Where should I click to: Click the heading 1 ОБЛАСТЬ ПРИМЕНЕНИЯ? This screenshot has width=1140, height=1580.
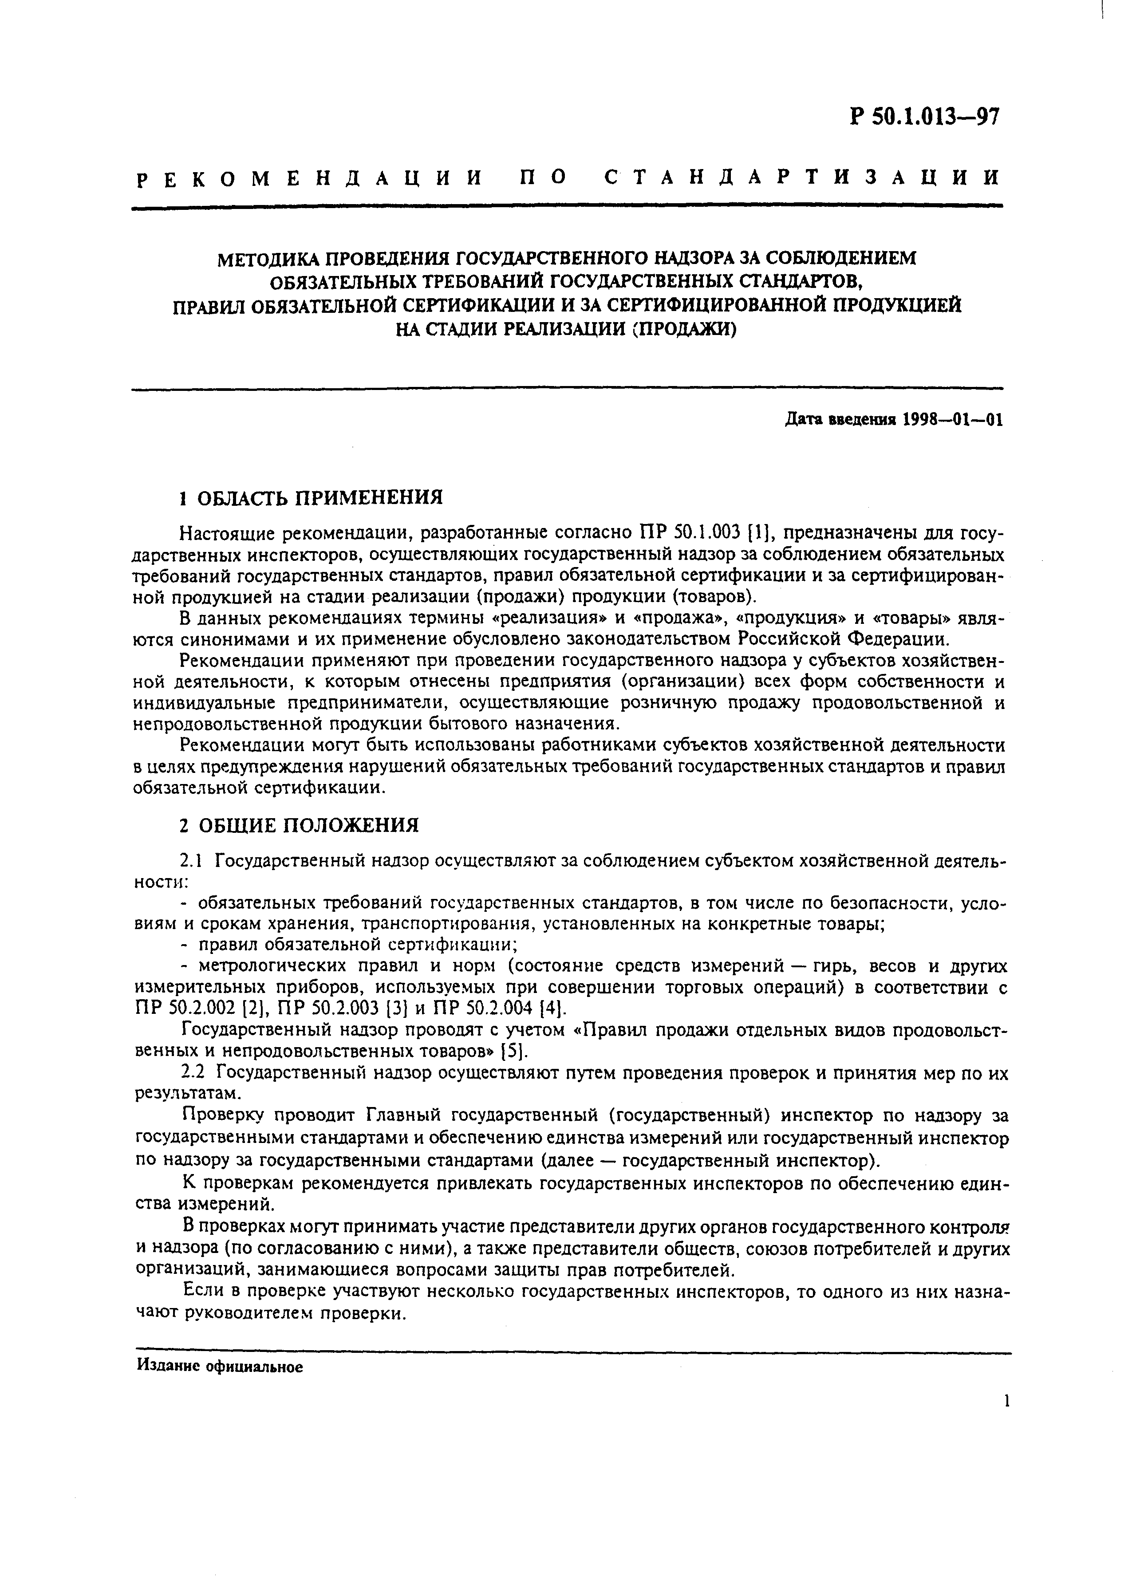coord(312,498)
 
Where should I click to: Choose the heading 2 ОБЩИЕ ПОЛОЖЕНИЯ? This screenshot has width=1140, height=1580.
coord(299,826)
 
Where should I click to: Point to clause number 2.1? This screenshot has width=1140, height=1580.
coord(191,861)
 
